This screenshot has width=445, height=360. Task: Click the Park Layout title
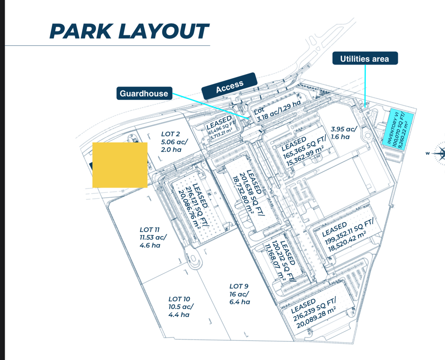[x=129, y=31]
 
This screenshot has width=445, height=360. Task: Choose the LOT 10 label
[x=181, y=307]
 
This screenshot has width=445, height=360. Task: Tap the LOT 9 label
[x=239, y=294]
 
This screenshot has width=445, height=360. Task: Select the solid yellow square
[x=120, y=164]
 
